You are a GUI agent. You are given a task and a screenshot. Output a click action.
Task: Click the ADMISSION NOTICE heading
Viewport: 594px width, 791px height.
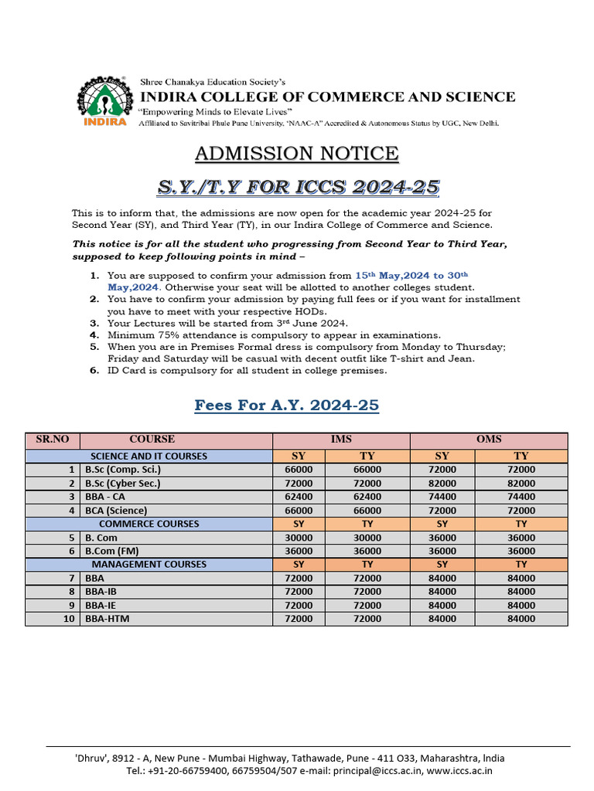pos(296,153)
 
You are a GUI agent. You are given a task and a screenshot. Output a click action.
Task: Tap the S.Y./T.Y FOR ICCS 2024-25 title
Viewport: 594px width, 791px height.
pos(299,187)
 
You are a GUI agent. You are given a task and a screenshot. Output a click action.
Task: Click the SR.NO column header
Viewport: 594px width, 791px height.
pos(53,440)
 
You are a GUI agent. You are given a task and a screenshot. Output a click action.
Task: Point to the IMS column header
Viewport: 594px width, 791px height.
pos(341,440)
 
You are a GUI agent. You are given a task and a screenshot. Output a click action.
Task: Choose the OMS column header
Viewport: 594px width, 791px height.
pos(489,440)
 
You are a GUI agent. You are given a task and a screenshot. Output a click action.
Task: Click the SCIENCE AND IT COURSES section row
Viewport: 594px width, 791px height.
pos(148,456)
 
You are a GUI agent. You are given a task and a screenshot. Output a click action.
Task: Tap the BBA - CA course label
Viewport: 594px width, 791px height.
pos(105,497)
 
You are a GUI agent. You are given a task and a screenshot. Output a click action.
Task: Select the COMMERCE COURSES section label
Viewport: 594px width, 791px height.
pos(148,524)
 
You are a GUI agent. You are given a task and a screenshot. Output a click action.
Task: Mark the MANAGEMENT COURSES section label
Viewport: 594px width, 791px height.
pos(148,565)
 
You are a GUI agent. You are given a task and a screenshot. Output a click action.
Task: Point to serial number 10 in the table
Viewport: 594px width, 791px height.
pos(70,619)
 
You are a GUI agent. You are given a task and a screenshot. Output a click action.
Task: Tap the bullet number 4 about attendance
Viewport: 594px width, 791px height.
pos(94,335)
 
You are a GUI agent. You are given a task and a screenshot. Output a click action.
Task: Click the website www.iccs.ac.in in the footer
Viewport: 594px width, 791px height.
pos(459,770)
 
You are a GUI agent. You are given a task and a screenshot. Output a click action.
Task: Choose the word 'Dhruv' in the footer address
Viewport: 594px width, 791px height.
pos(93,758)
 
